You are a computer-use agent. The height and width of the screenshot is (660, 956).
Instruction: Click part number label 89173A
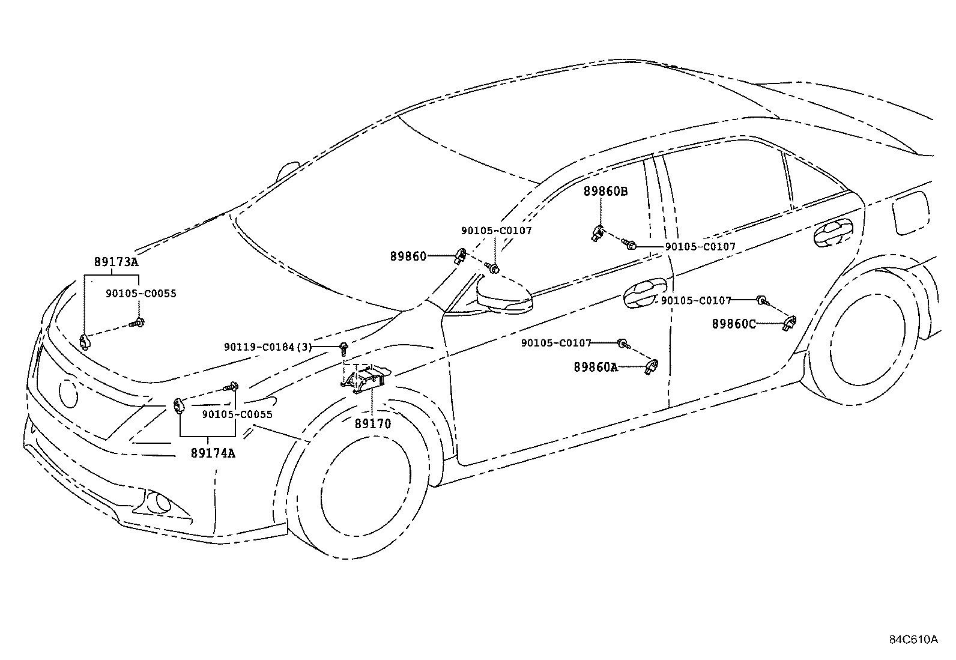click(x=116, y=262)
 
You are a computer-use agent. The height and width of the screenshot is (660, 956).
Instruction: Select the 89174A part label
click(x=213, y=453)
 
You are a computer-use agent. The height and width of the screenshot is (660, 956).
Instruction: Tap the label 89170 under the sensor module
click(x=372, y=423)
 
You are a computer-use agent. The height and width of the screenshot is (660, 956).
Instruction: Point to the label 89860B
click(x=605, y=192)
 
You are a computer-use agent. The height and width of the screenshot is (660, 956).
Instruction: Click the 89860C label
click(x=734, y=324)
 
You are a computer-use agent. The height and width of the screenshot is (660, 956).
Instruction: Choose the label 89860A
click(x=595, y=366)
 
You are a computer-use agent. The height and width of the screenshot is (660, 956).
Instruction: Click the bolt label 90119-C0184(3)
click(x=268, y=347)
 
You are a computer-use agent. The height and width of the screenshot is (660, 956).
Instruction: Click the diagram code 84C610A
click(x=913, y=639)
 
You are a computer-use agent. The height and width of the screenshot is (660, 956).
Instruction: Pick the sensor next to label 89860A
click(x=652, y=366)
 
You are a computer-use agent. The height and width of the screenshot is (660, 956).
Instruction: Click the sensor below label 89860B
click(x=598, y=233)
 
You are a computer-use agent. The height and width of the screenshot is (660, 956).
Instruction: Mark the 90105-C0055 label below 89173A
click(x=141, y=294)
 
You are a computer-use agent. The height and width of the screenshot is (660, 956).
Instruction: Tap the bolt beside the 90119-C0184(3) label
click(x=344, y=347)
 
